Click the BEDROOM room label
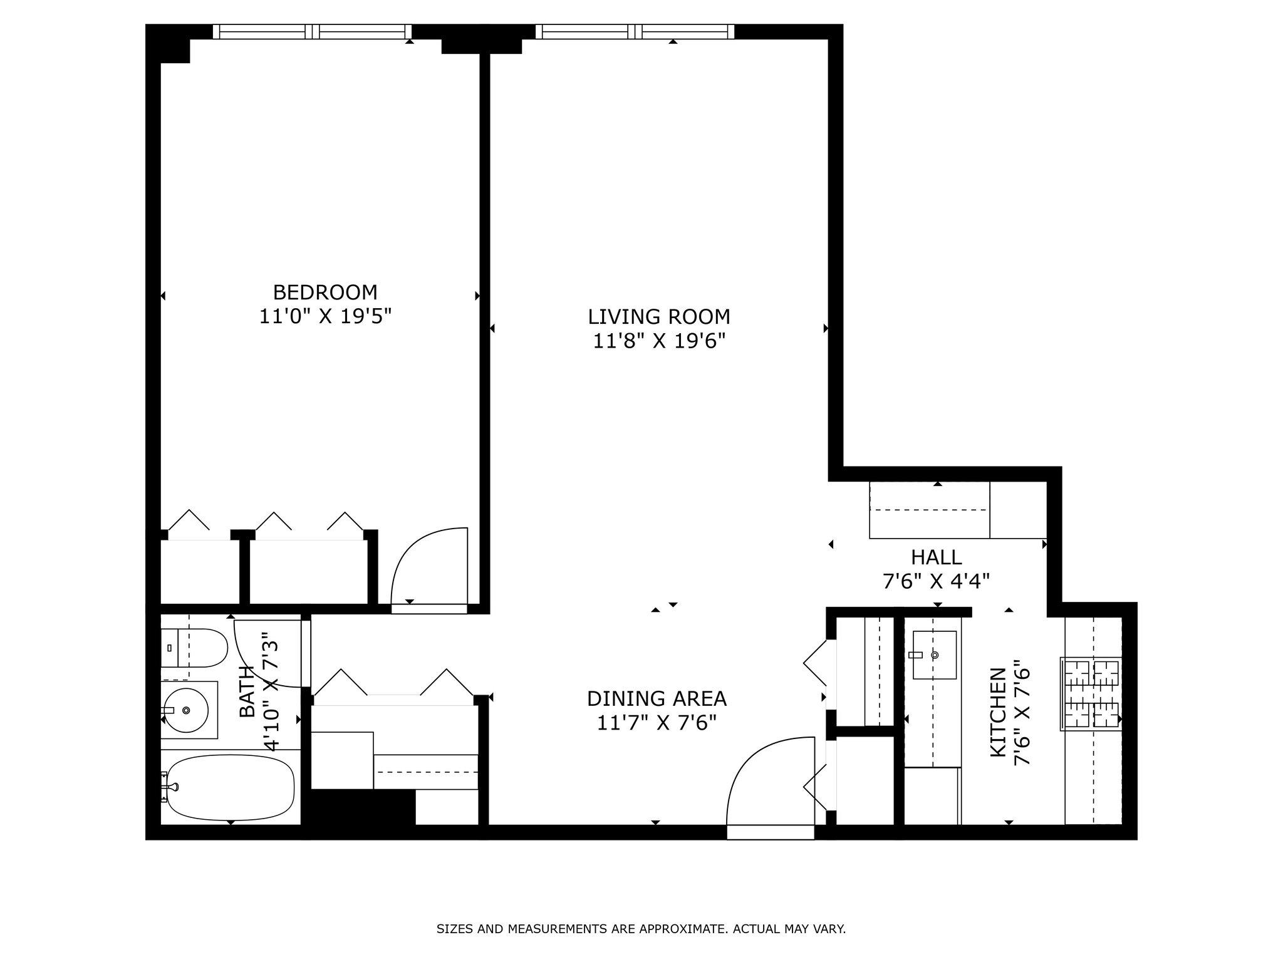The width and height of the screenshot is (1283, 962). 325,292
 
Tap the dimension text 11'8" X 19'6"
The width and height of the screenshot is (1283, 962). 659,341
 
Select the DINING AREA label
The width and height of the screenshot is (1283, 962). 657,698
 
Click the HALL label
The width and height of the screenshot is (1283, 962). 936,557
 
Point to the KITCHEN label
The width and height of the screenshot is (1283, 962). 998,712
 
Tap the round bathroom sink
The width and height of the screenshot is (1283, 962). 185,710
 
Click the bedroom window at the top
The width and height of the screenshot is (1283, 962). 312,31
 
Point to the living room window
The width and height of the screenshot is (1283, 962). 635,31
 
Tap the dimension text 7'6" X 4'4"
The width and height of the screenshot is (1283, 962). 936,582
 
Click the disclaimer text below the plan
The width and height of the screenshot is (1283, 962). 641,929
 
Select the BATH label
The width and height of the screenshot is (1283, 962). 247,691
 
